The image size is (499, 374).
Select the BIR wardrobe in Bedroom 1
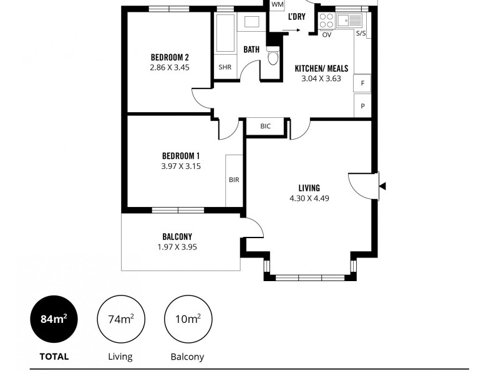click(x=234, y=180)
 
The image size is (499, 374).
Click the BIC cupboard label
click(x=266, y=126)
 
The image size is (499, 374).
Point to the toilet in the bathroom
click(x=273, y=59)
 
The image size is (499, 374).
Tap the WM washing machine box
click(x=278, y=5)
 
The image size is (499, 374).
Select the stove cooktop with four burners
click(x=326, y=21)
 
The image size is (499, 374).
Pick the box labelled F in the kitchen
click(x=362, y=83)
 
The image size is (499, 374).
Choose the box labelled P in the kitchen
click(x=362, y=106)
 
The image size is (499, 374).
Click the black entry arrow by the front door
click(x=382, y=186)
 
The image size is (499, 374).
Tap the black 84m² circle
click(x=54, y=319)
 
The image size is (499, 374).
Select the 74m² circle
click(x=120, y=319)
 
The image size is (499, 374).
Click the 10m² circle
click(x=187, y=319)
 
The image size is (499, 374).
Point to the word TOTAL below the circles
click(x=54, y=357)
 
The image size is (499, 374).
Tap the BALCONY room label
click(x=177, y=236)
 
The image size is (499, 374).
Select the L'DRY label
click(x=296, y=17)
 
